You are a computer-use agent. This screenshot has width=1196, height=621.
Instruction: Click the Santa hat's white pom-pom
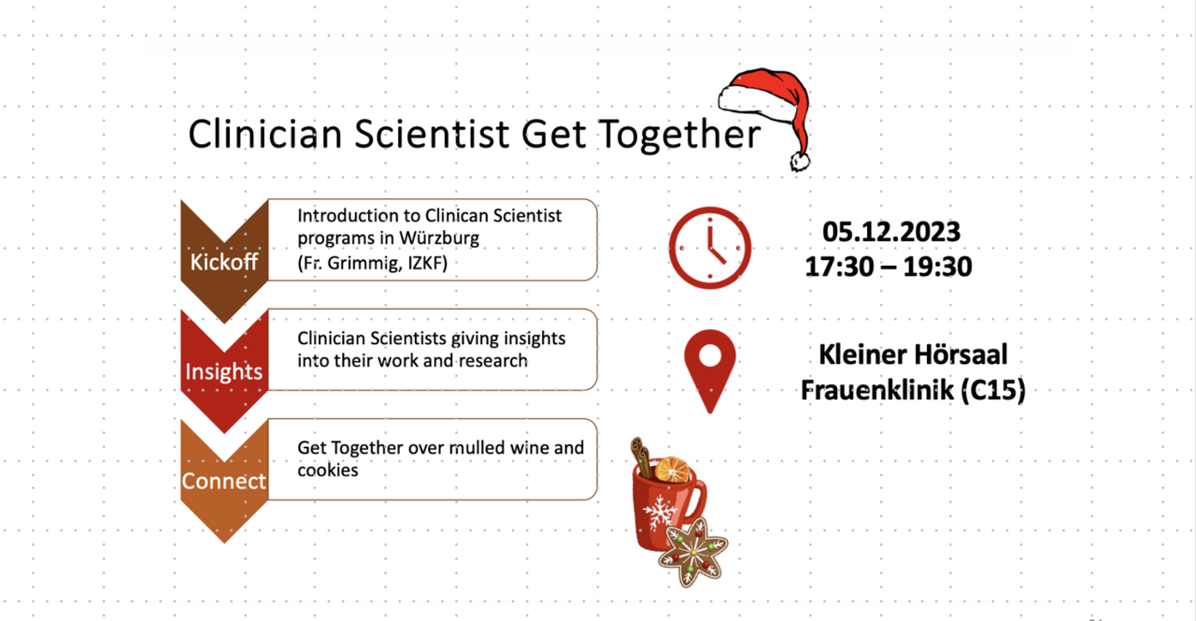pyautogui.click(x=800, y=161)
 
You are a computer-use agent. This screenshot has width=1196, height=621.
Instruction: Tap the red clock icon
pyautogui.click(x=710, y=248)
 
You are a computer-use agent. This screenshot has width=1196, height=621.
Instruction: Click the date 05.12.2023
pyautogui.click(x=891, y=232)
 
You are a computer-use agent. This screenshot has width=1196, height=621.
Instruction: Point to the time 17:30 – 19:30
pyautogui.click(x=889, y=267)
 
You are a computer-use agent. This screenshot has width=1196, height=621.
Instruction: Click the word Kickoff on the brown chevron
pyautogui.click(x=223, y=262)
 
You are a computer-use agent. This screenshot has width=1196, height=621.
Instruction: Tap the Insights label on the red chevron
pyautogui.click(x=223, y=371)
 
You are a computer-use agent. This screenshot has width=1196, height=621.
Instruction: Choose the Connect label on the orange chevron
pyautogui.click(x=223, y=481)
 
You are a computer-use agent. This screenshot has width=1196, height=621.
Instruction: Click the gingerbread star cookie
pyautogui.click(x=693, y=552)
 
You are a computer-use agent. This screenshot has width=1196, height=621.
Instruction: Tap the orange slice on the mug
pyautogui.click(x=673, y=469)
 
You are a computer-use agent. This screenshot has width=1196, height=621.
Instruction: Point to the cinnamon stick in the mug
pyautogui.click(x=641, y=457)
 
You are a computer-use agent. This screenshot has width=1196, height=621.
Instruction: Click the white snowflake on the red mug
pyautogui.click(x=660, y=512)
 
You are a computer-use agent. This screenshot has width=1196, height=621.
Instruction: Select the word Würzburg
pyautogui.click(x=439, y=238)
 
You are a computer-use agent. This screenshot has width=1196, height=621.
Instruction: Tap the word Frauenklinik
pyautogui.click(x=877, y=390)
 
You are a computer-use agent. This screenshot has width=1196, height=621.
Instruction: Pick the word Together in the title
pyautogui.click(x=679, y=135)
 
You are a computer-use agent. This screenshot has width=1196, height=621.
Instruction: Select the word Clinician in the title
pyautogui.click(x=265, y=134)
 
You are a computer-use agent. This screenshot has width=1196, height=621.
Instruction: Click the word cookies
pyautogui.click(x=328, y=470)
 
